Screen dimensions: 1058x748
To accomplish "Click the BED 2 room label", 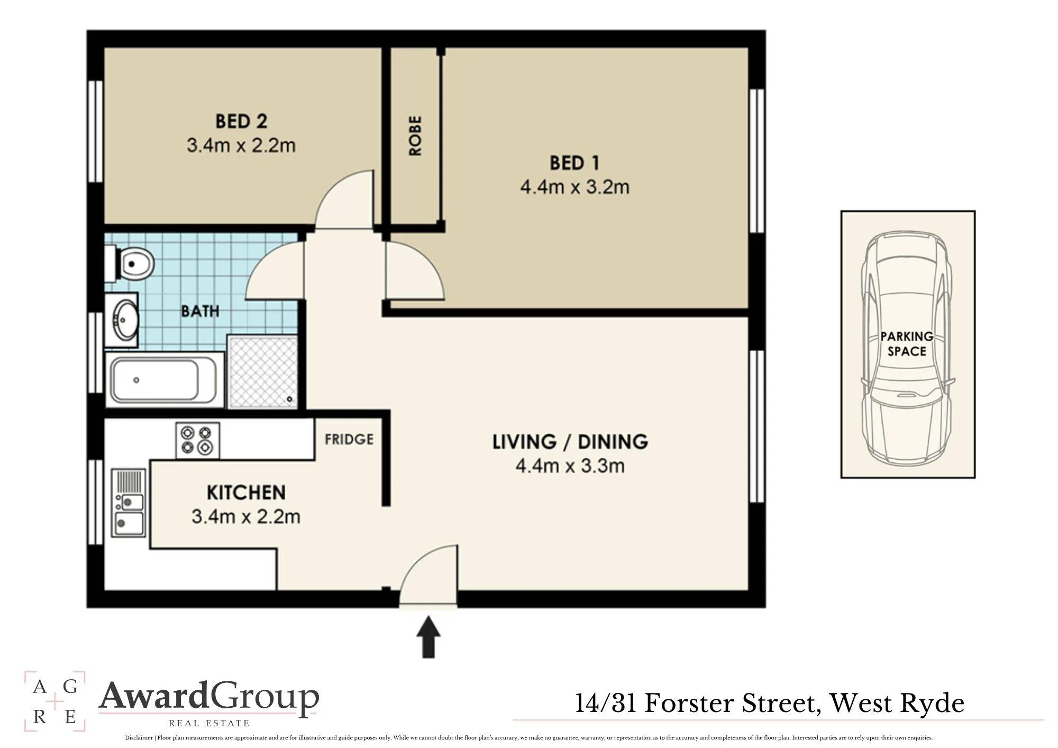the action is coord(241,121).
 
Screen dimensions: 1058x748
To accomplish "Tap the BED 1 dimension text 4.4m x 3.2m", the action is coord(574,187).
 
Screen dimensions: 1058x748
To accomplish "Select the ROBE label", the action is coord(416,136).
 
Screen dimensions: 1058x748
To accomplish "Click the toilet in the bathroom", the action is coord(130,263).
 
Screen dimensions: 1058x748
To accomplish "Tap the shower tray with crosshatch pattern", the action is coord(262,371).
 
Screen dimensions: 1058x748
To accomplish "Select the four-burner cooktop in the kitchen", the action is coord(197,440).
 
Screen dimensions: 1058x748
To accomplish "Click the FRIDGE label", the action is coord(349,439).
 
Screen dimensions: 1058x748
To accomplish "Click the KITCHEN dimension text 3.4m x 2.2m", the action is coord(246,516).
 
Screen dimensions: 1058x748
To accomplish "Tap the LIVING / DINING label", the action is coord(570,442).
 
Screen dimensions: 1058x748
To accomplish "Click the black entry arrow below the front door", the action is coord(428,636).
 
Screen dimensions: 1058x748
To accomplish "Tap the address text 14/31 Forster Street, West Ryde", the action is coord(770,704).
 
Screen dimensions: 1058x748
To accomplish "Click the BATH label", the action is coord(200,311).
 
